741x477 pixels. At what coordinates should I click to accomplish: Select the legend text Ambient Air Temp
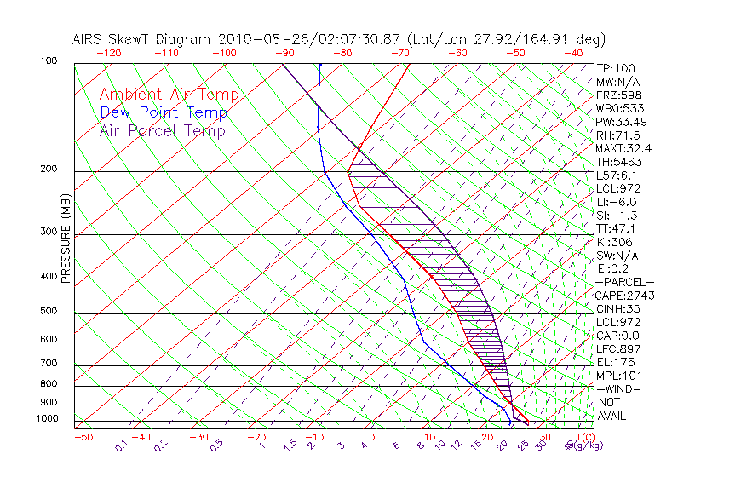coord(169,95)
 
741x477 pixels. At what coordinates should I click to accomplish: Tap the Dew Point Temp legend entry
coord(164,112)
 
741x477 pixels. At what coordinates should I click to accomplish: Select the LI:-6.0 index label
coord(616,202)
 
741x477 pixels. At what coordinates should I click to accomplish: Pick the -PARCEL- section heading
coord(624,282)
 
